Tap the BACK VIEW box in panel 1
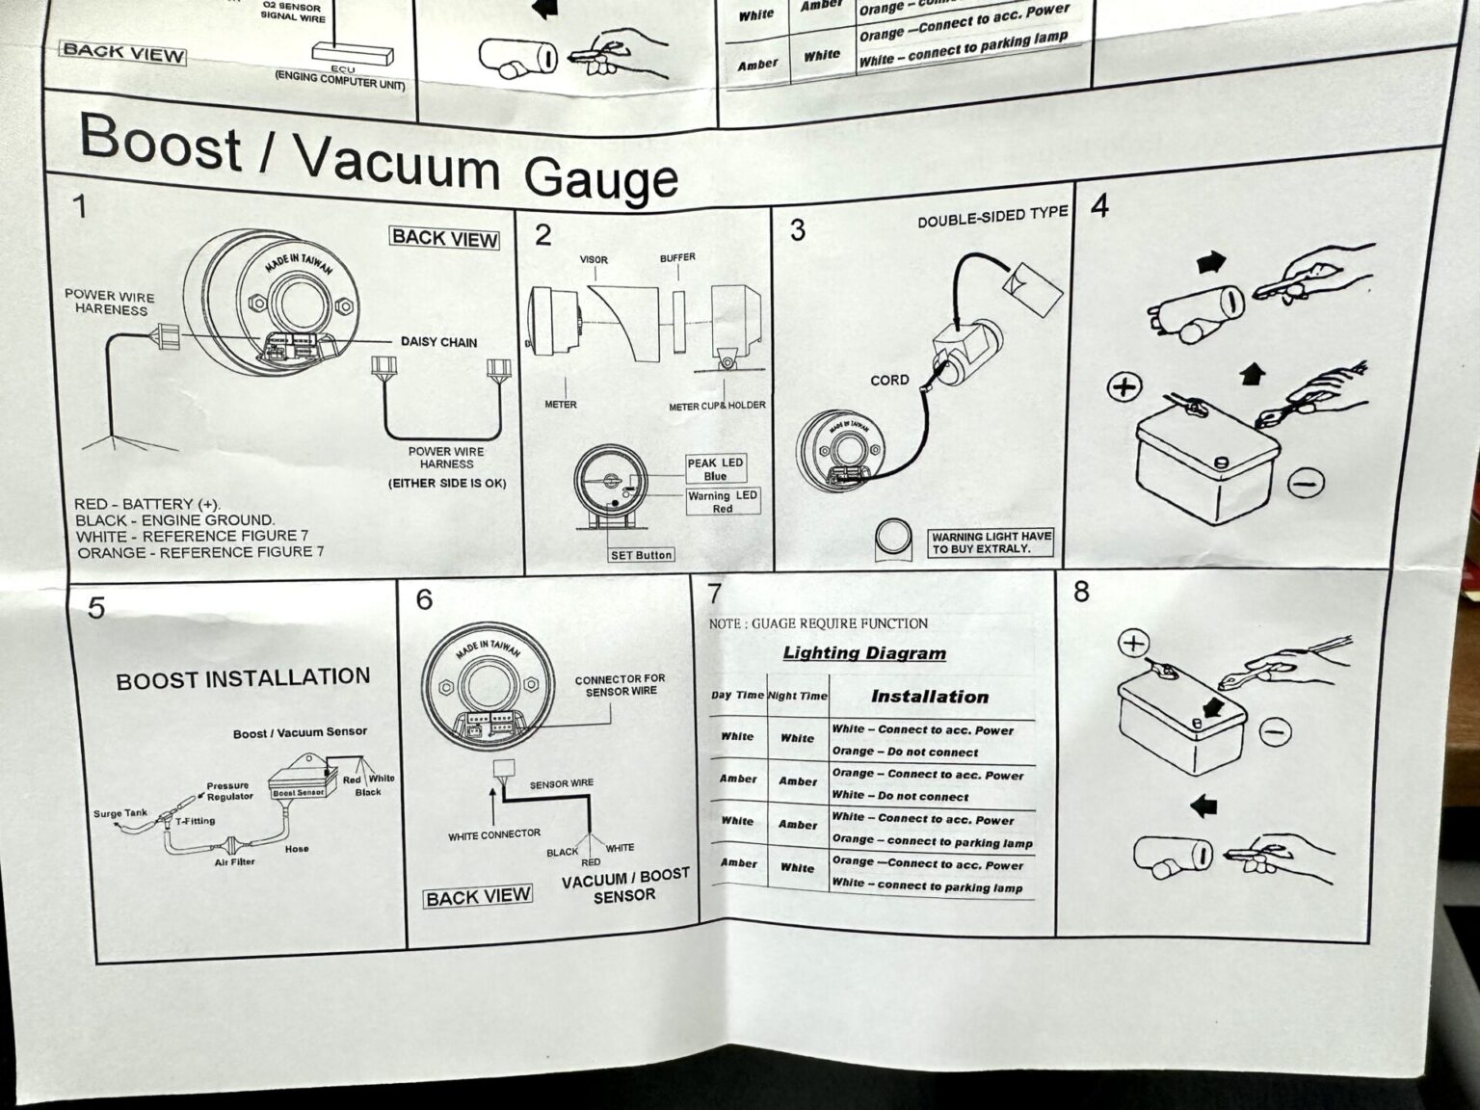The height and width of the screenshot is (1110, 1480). (x=444, y=238)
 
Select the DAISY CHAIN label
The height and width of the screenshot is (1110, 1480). (x=438, y=342)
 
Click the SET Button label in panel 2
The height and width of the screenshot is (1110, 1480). (x=641, y=555)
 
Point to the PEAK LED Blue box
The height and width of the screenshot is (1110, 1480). (x=715, y=469)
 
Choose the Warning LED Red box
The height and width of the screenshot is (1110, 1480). (x=722, y=502)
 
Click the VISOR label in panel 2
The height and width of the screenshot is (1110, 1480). (x=594, y=260)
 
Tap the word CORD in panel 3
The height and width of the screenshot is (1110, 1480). (x=889, y=381)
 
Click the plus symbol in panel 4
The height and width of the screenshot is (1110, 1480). (x=1124, y=387)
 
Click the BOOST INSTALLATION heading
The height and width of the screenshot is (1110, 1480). (x=243, y=679)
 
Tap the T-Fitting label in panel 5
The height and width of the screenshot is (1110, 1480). (x=196, y=822)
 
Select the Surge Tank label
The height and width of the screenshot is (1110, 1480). (x=120, y=813)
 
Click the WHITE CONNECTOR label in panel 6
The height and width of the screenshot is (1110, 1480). (x=494, y=834)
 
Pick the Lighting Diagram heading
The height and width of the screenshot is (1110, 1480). (x=864, y=653)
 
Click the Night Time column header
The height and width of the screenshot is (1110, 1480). (x=797, y=696)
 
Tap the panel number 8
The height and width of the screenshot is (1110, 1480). (x=1081, y=592)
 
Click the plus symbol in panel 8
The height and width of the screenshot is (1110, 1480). (x=1134, y=644)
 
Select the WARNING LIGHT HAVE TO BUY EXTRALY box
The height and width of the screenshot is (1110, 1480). (x=991, y=542)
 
